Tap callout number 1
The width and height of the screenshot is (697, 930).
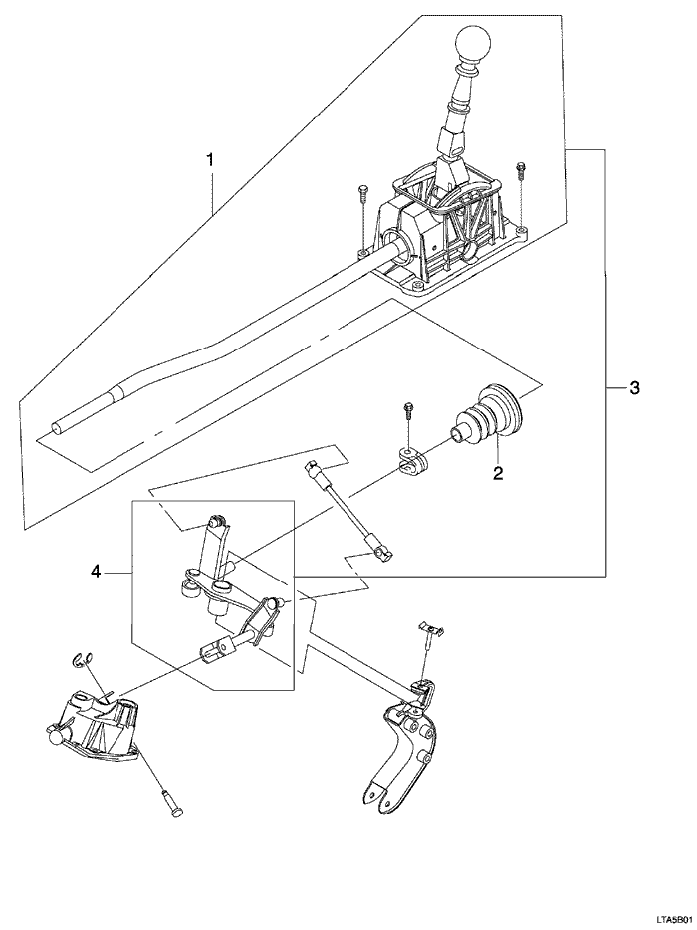point(210,159)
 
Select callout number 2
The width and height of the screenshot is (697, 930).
point(497,474)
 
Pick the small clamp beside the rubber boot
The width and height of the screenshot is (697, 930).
point(412,460)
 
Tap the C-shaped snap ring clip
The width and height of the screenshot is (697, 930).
point(85,658)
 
